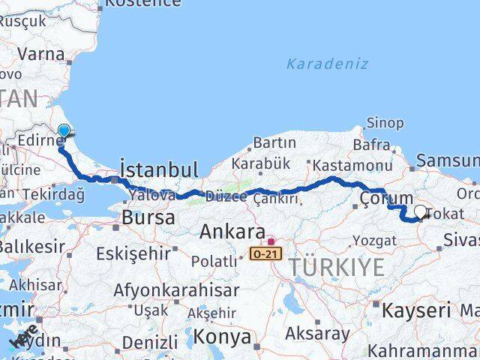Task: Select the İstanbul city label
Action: [159, 168]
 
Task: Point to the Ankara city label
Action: [232, 232]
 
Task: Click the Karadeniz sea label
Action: [327, 64]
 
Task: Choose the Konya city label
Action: [223, 337]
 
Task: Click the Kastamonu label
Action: [352, 165]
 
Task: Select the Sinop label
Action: [385, 123]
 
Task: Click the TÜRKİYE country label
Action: [337, 266]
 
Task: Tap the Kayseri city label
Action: [416, 310]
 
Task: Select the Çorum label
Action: [386, 198]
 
